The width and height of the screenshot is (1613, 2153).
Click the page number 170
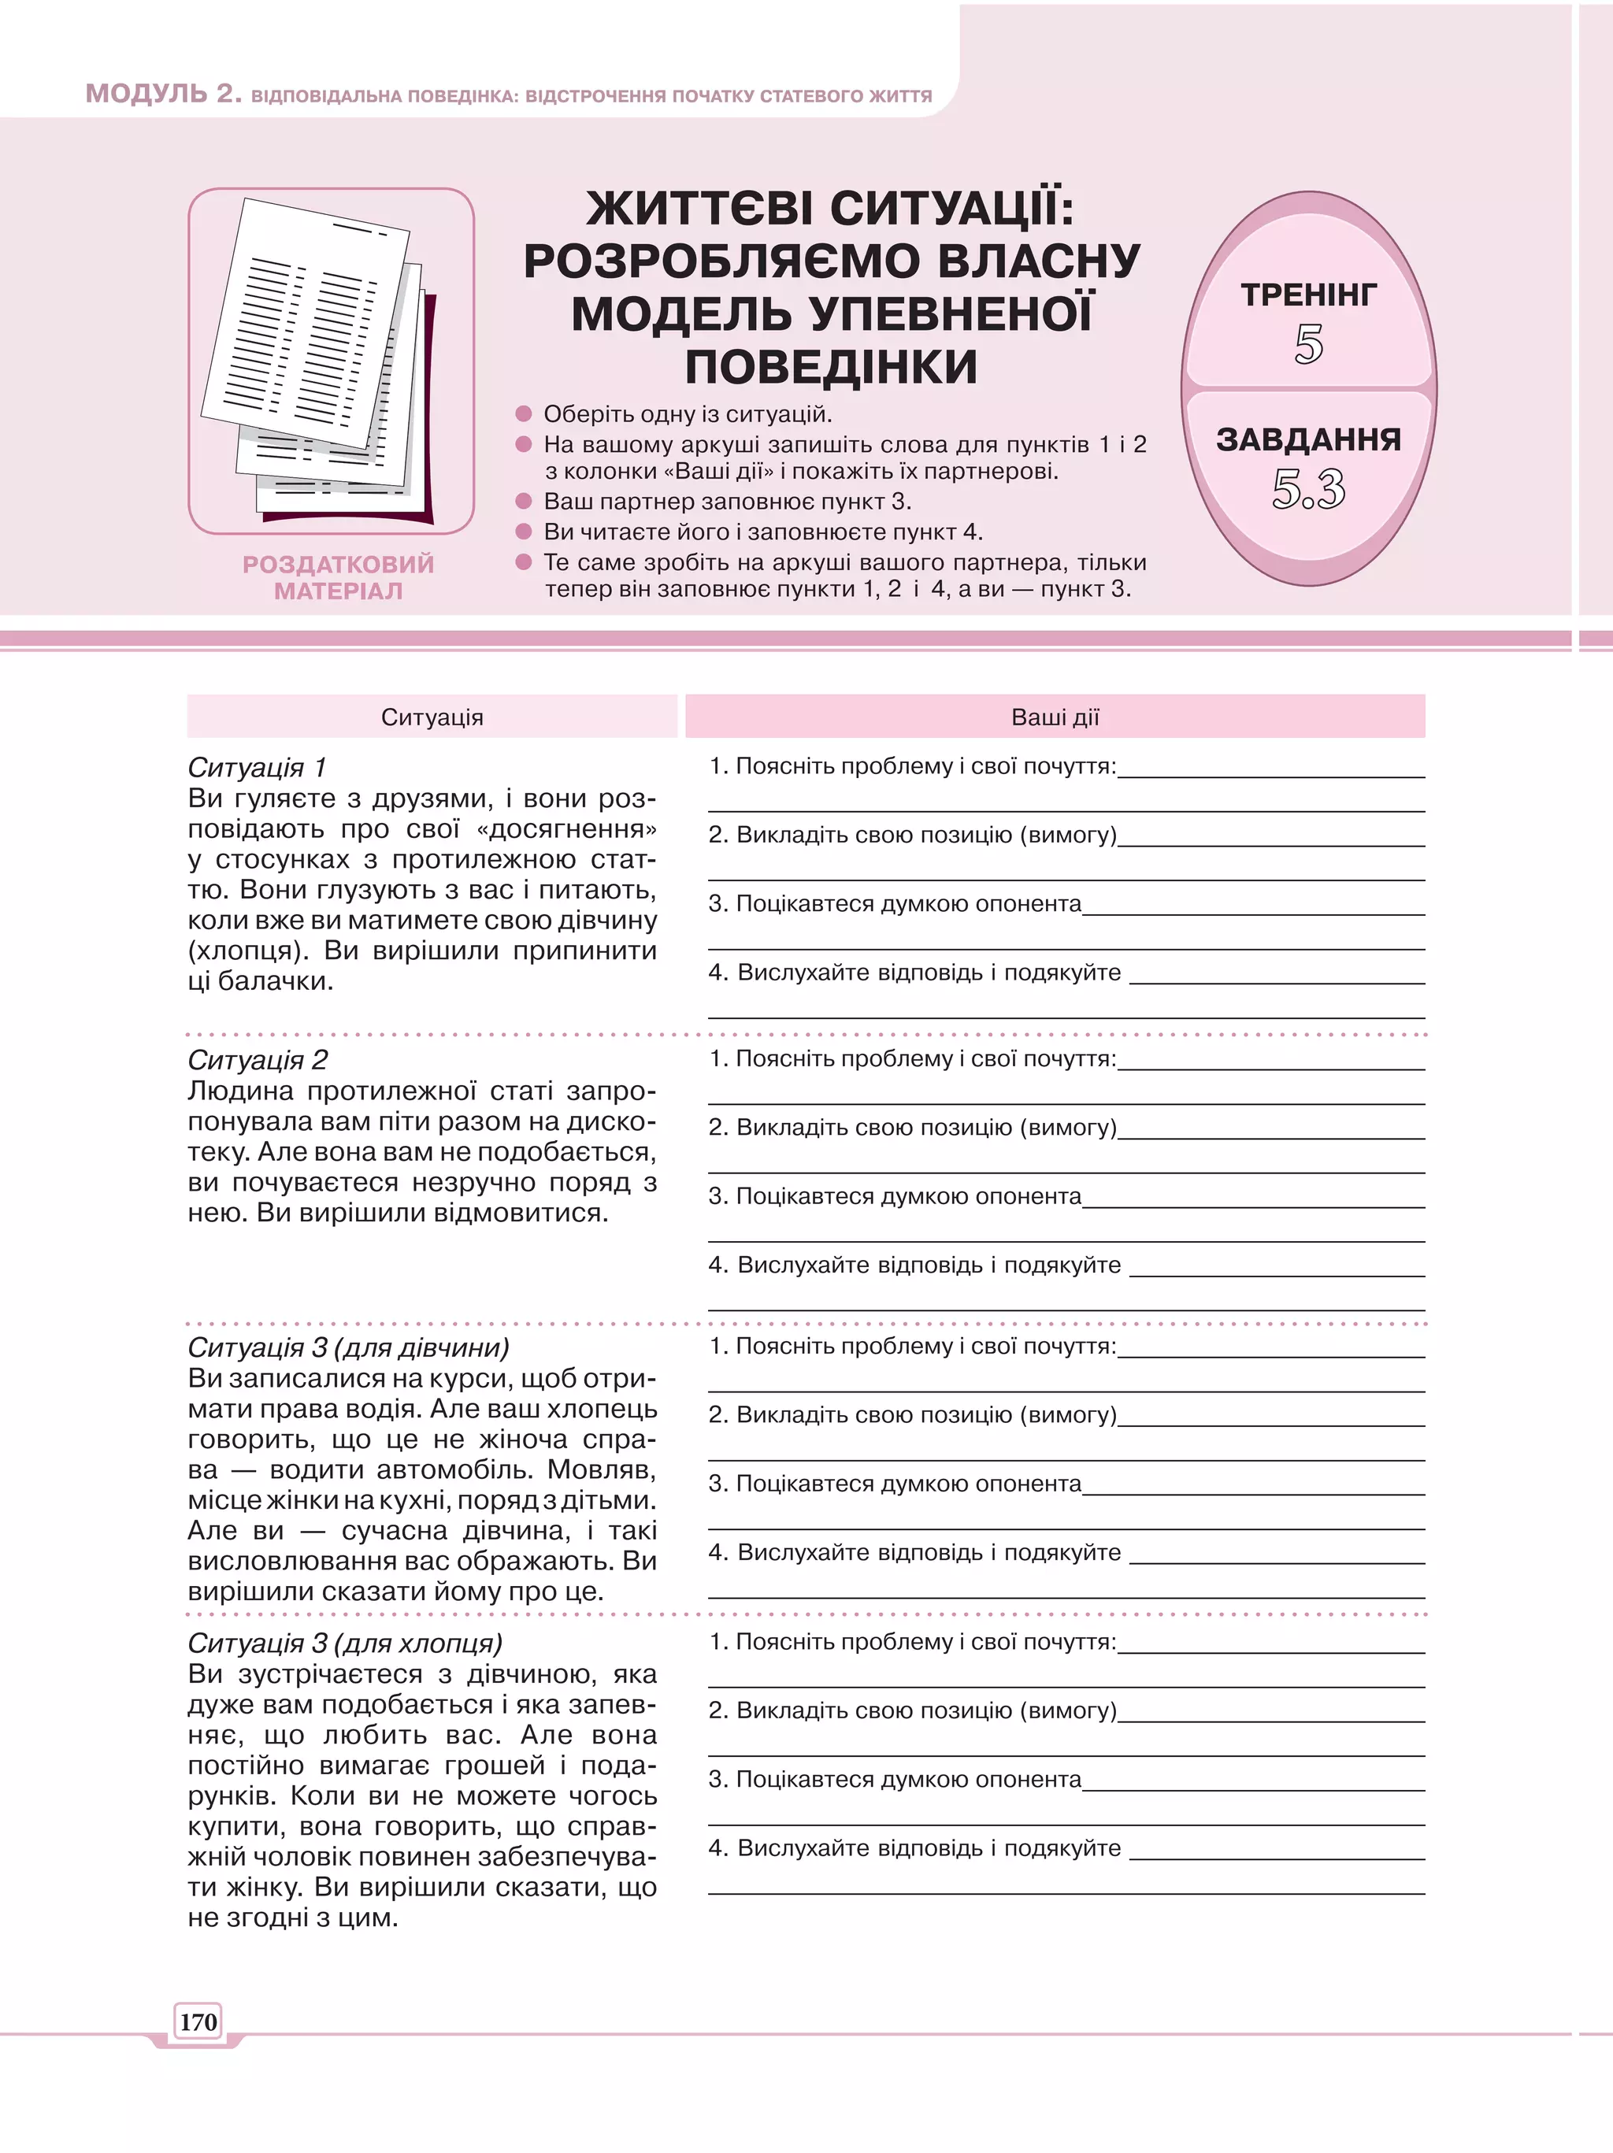198,2021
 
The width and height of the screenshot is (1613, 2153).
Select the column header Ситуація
432,717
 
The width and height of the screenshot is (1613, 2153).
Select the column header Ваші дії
1055,717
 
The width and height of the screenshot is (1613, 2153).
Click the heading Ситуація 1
256,768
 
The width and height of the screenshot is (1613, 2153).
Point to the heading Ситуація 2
257,1060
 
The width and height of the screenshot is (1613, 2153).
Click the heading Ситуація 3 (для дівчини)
347,1347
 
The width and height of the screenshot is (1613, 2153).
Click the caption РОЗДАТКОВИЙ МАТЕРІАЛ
338,577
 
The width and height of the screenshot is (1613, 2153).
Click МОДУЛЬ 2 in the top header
162,94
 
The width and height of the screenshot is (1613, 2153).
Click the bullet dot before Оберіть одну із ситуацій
524,413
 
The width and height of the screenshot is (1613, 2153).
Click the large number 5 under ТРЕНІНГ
1308,345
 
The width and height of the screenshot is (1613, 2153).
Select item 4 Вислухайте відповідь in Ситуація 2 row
914,1265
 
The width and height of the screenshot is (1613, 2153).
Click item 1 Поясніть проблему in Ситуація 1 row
912,766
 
